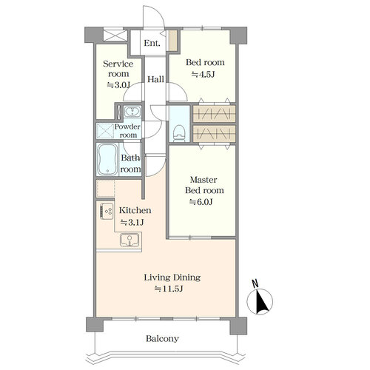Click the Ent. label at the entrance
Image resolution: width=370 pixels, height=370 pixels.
(152, 43)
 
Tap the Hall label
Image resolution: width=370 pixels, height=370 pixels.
(155, 79)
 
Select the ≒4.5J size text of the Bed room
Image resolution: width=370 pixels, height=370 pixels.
(203, 74)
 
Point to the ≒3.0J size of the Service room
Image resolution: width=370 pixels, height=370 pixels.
(118, 85)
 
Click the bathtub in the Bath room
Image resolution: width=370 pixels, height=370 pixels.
(107, 159)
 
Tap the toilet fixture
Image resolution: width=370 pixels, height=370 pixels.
(179, 133)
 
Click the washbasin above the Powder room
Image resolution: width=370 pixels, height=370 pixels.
(132, 112)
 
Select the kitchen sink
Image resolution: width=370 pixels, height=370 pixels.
(129, 240)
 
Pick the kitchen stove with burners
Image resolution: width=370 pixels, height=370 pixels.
(107, 211)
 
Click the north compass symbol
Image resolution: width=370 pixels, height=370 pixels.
(260, 301)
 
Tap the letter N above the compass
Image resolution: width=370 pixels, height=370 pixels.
(255, 283)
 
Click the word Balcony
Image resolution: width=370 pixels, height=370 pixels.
(162, 339)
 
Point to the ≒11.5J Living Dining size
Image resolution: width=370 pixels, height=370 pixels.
(169, 289)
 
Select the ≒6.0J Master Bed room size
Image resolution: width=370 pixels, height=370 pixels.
(201, 202)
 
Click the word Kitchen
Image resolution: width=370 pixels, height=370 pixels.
(135, 210)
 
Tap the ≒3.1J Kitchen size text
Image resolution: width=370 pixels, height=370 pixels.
(132, 223)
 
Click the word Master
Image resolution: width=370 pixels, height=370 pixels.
(203, 180)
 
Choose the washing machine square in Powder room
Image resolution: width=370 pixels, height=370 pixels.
(105, 131)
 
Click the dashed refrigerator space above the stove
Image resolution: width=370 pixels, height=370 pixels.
(106, 189)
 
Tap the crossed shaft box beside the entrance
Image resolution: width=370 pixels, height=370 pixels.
(115, 36)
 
